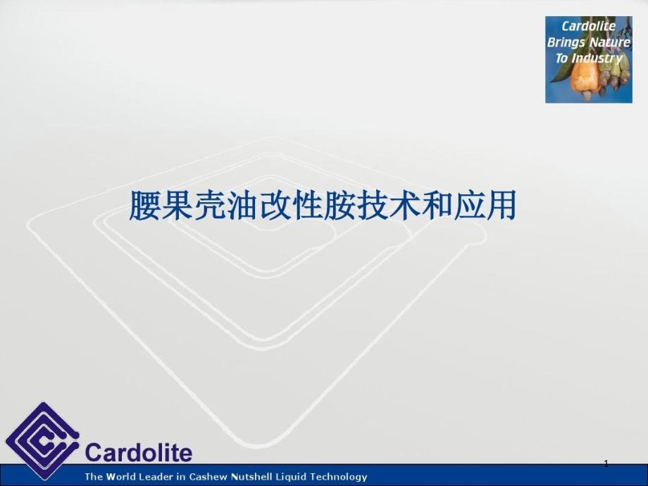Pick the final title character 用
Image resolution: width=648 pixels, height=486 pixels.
pyautogui.click(x=501, y=206)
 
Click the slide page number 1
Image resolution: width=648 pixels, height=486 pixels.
pyautogui.click(x=606, y=463)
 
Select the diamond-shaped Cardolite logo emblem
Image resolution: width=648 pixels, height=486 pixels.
pyautogui.click(x=42, y=440)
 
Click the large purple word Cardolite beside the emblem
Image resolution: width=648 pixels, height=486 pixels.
pyautogui.click(x=139, y=452)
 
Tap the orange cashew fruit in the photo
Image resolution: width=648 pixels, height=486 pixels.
pyautogui.click(x=584, y=77)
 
